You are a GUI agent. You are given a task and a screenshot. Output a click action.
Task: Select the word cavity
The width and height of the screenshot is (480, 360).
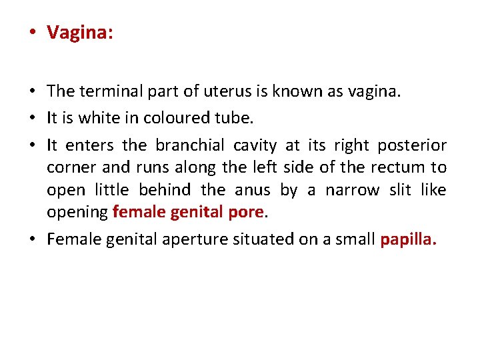pos(255,145)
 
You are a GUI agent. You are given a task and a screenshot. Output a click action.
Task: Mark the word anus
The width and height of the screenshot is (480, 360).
pos(252,190)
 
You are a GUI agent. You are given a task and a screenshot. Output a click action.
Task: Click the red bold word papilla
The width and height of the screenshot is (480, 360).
pos(407,239)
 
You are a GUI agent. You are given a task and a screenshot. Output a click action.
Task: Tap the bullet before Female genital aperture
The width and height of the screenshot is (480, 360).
pos(32,239)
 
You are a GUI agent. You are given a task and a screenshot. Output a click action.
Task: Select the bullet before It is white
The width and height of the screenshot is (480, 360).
pos(32,119)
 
